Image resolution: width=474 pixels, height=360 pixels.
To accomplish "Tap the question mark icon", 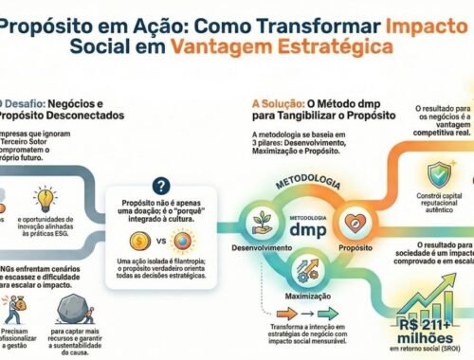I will point(161,187).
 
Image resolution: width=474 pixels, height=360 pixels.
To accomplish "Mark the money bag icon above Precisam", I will point(16,310).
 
